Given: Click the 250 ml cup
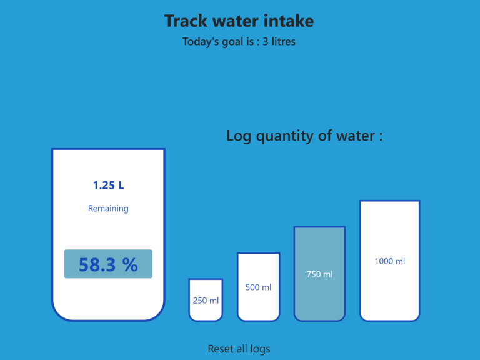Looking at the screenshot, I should [x=206, y=300].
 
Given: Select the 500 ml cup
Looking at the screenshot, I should [x=258, y=287].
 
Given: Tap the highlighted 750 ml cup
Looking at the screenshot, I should [x=319, y=274].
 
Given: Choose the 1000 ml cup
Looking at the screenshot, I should [x=389, y=261].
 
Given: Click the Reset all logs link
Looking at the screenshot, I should [x=239, y=349].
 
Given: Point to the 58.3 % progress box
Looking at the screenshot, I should [x=108, y=264].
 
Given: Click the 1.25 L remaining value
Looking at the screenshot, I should [x=108, y=185].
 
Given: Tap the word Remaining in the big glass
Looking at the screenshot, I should [x=108, y=209].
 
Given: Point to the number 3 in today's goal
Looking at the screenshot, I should [x=265, y=42].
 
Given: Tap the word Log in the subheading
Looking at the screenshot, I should [x=238, y=136].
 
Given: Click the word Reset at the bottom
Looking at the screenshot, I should [x=220, y=349].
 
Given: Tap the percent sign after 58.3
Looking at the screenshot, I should [x=129, y=265].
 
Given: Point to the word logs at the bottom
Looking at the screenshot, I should [x=260, y=349].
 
